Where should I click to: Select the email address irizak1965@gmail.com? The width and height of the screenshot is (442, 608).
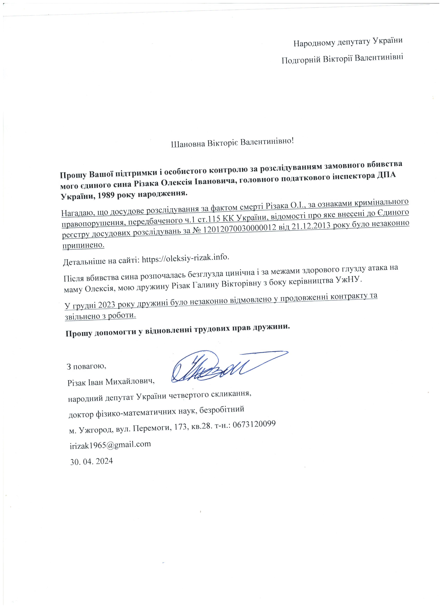click(110, 444)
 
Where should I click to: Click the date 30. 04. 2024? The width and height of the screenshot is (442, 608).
click(91, 461)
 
